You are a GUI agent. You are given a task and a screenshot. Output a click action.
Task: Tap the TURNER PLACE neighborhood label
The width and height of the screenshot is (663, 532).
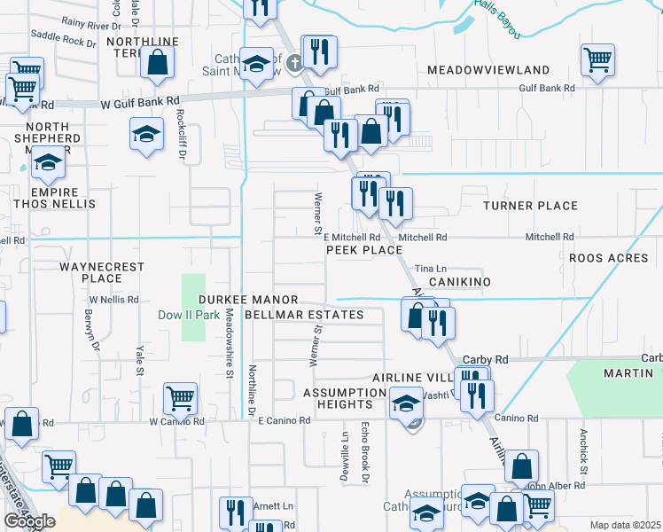[530, 206]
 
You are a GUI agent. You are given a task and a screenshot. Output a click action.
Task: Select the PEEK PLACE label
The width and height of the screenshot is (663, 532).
[364, 251]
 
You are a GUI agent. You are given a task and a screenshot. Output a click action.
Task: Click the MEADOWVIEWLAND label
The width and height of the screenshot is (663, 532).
[488, 69]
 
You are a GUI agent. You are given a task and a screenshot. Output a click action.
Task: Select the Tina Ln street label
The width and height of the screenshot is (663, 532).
[430, 268]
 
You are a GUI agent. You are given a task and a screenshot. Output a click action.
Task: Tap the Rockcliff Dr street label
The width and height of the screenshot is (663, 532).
[182, 134]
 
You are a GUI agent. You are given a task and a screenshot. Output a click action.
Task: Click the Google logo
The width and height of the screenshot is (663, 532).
[29, 521]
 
